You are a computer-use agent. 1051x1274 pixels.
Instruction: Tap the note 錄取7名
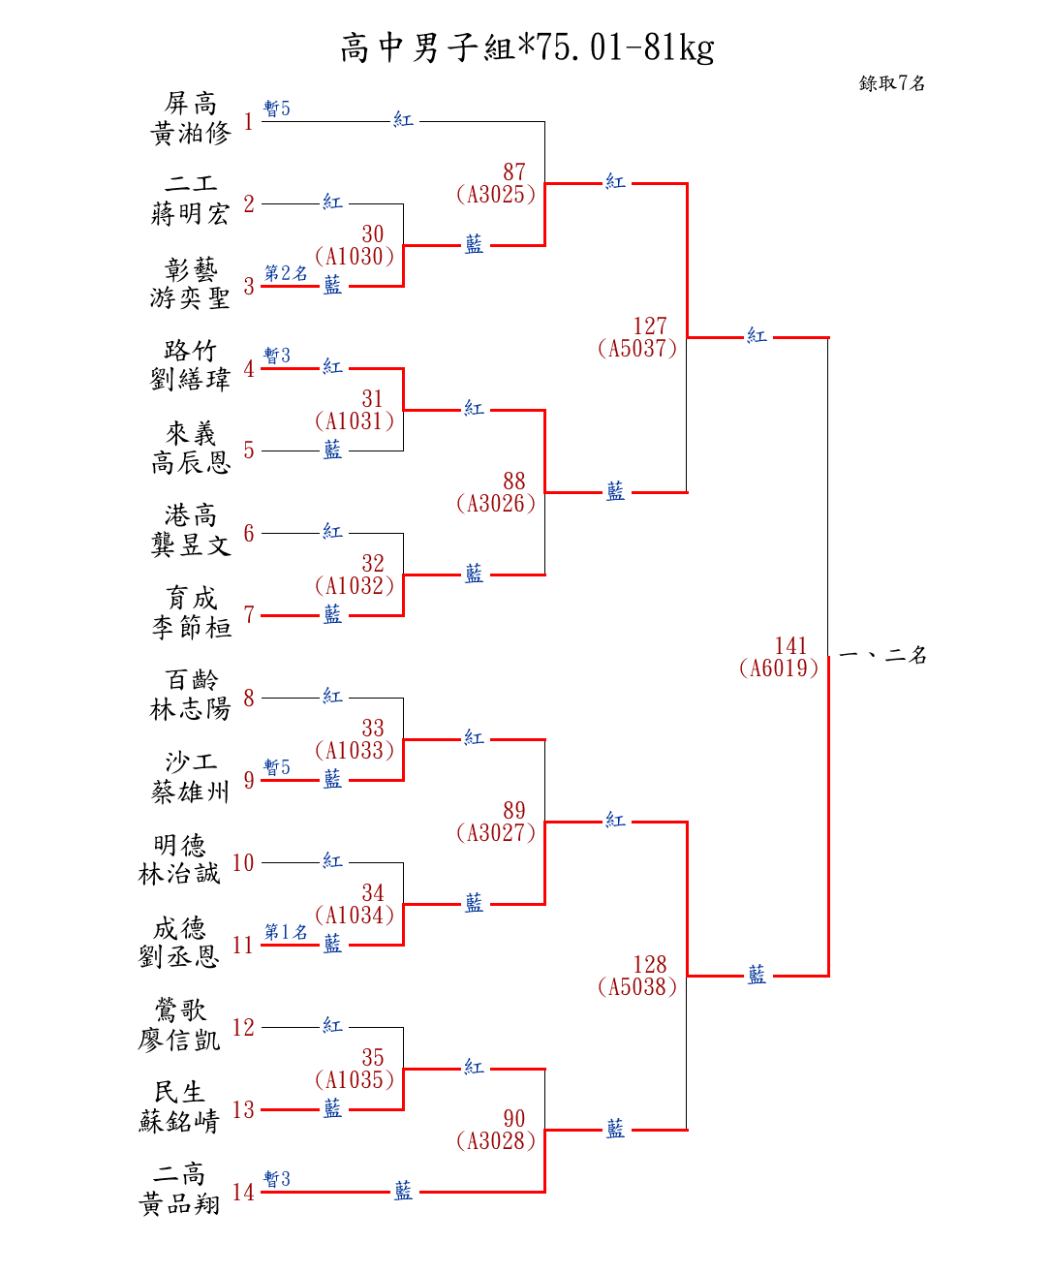click(x=891, y=83)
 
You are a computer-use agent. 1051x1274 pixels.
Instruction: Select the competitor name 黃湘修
click(x=191, y=133)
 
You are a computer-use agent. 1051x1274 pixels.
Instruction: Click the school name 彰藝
click(x=191, y=268)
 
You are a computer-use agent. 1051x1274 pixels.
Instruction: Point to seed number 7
click(x=249, y=614)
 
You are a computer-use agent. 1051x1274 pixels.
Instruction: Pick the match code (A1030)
click(x=355, y=257)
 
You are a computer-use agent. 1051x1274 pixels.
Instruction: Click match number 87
click(x=514, y=171)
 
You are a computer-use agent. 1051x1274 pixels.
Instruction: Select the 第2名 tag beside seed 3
click(x=286, y=273)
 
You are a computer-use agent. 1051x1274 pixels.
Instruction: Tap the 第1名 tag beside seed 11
click(x=286, y=932)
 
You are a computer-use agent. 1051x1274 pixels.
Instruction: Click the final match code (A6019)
click(x=779, y=668)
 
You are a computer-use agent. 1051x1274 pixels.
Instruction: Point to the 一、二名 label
click(x=882, y=655)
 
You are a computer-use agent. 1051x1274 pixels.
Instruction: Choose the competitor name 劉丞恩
click(x=179, y=957)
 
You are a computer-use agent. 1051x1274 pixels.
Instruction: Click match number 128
click(x=650, y=964)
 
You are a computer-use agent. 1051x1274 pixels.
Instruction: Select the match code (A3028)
click(x=496, y=1141)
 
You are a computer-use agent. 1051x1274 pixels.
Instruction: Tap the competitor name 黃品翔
click(x=179, y=1204)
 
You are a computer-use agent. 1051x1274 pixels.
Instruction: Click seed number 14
click(x=243, y=1192)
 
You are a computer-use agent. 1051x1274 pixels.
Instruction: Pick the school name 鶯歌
click(x=179, y=1010)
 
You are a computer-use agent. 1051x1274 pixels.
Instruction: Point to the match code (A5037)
click(x=637, y=349)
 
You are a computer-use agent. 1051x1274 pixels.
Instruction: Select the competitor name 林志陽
click(x=191, y=710)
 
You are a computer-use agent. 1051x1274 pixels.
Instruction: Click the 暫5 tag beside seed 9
click(x=277, y=767)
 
